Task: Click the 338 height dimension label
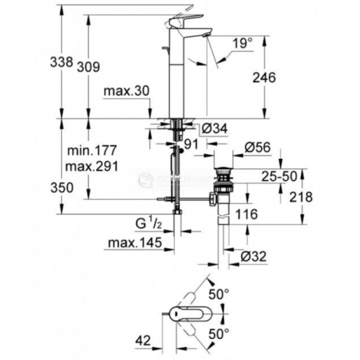61,62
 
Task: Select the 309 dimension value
88,66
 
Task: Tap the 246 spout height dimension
265,77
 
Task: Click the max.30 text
125,91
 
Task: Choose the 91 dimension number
192,145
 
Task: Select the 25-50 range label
279,176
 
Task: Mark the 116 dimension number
246,215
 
